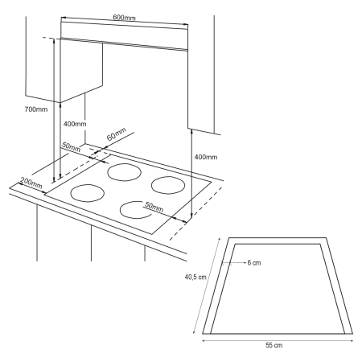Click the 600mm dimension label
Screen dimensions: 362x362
[124, 18]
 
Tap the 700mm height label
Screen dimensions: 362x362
[36, 109]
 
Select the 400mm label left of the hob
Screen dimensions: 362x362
[75, 124]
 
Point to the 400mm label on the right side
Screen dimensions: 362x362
[206, 157]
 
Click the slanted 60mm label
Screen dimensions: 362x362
[117, 134]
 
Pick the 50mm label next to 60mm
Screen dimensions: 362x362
[71, 147]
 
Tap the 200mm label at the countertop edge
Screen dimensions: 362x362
[31, 183]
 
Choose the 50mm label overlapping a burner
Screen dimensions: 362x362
[154, 207]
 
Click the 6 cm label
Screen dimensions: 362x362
[254, 263]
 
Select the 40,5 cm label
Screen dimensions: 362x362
[195, 277]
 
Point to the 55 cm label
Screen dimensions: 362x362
[274, 345]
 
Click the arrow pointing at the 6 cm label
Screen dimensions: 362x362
[234, 263]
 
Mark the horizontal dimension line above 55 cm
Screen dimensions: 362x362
[278, 340]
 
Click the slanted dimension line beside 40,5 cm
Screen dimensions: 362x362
[207, 286]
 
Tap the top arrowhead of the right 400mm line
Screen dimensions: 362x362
[191, 131]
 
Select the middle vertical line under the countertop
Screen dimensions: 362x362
[91, 243]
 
